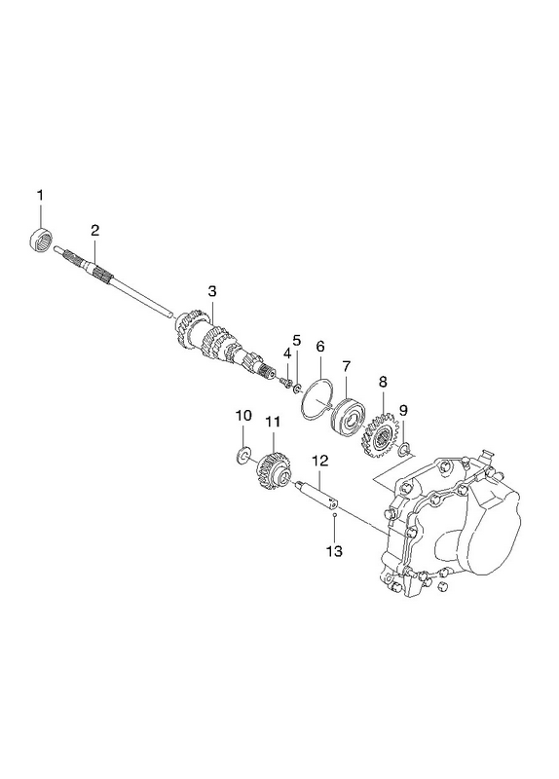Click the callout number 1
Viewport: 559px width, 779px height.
coord(41,195)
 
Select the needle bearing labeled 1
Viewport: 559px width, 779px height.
coord(40,241)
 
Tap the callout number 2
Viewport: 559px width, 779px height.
coord(94,230)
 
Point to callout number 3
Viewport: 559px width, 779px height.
coord(212,291)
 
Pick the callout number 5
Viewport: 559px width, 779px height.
coord(297,340)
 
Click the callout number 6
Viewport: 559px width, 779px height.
coord(319,347)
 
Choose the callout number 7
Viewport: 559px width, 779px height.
coord(347,367)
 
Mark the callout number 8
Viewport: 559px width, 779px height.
coord(382,382)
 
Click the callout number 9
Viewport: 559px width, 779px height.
coord(403,410)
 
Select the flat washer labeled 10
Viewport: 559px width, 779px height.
coord(242,455)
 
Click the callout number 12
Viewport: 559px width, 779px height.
coord(320,461)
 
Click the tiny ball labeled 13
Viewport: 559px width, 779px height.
coord(335,515)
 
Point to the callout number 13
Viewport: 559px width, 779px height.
coord(334,550)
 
